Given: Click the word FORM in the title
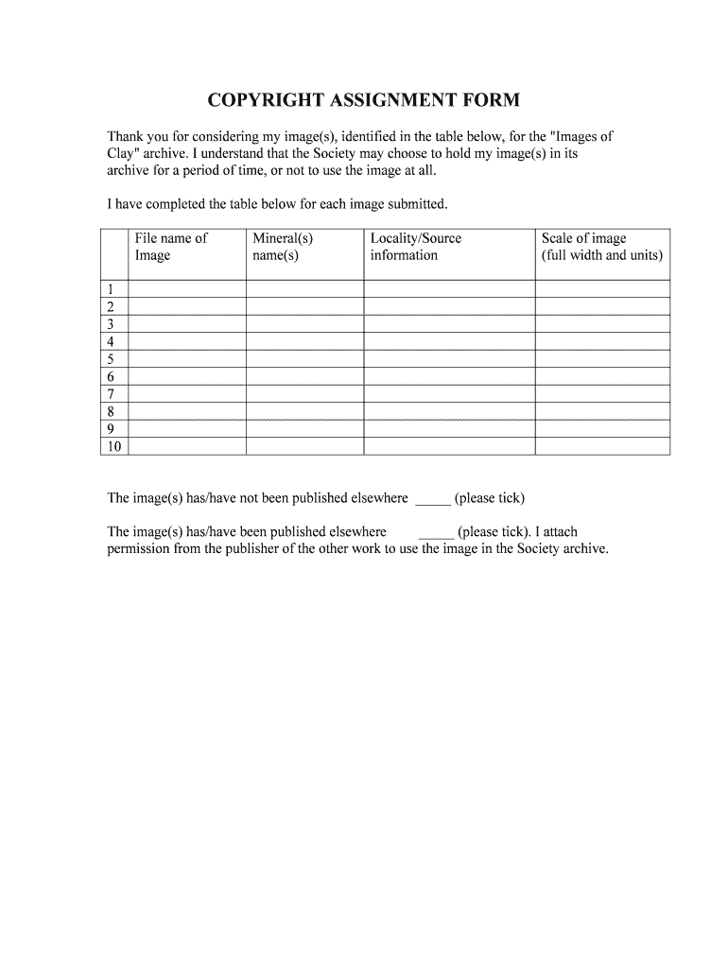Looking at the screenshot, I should (x=488, y=100).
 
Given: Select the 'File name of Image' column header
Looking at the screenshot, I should (x=171, y=247).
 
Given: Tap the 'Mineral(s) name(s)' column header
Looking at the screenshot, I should (x=282, y=247).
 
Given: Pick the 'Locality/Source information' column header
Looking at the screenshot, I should (x=416, y=247).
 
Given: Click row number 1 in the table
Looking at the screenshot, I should (x=112, y=289).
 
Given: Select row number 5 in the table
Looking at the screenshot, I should (x=112, y=359).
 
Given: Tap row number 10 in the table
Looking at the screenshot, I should (x=114, y=447).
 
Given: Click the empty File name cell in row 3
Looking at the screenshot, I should (x=186, y=324).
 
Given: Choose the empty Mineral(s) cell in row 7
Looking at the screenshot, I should (x=304, y=394).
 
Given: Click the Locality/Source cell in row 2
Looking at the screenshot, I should (x=449, y=306).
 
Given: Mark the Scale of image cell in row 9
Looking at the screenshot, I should (x=602, y=429).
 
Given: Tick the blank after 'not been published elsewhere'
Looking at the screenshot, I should (x=433, y=499).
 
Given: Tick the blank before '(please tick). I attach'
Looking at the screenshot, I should (x=436, y=533).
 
